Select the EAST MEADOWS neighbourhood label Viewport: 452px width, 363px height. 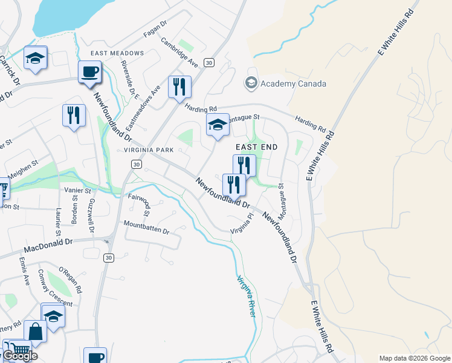[x=117, y=53]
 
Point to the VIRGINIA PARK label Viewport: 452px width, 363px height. [x=149, y=149]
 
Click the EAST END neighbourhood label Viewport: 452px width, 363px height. [x=256, y=148]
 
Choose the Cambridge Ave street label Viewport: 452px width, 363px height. [x=179, y=53]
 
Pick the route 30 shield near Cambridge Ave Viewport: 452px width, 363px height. [x=208, y=62]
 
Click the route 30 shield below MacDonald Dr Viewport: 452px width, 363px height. [x=108, y=258]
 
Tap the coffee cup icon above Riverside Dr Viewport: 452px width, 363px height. [x=89, y=71]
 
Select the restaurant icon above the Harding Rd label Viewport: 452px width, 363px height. [x=179, y=87]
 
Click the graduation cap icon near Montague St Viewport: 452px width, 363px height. [x=218, y=125]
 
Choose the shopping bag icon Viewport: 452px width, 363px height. [x=36, y=332]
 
